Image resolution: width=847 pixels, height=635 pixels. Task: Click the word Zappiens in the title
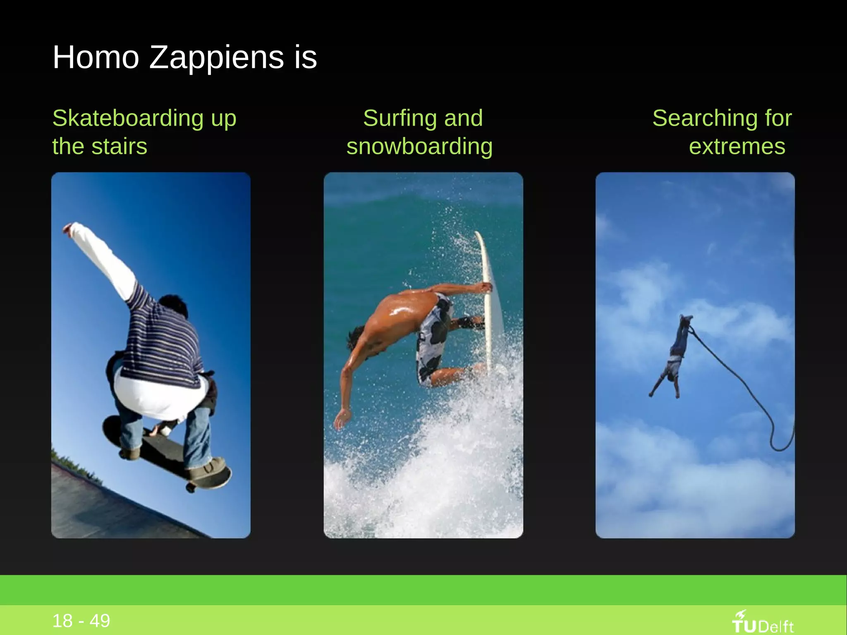(x=216, y=58)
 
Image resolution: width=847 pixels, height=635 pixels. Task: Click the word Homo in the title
(x=96, y=57)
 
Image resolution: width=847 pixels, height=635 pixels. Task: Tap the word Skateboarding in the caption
(x=128, y=118)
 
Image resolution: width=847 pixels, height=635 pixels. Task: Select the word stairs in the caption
(x=120, y=146)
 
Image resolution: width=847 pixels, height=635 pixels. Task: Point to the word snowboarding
(x=419, y=146)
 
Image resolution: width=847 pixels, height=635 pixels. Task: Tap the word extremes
(x=737, y=146)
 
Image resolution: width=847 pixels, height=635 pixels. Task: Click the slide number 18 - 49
(x=81, y=621)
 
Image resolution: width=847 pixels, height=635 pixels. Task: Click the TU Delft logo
(x=763, y=623)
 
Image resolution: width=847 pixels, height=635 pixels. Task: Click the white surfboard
(x=488, y=298)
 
